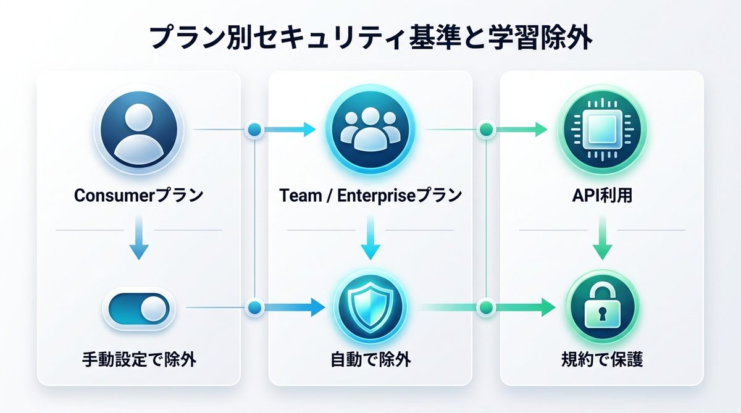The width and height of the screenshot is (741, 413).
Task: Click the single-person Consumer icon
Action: pyautogui.click(x=139, y=130)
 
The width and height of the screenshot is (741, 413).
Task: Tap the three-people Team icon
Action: pyautogui.click(x=371, y=130)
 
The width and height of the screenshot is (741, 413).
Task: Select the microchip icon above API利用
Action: pyautogui.click(x=601, y=130)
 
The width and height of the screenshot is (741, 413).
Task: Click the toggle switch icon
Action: pyautogui.click(x=139, y=307)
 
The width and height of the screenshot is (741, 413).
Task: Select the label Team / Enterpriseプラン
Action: pyautogui.click(x=371, y=196)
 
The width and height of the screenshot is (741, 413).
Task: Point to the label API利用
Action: pyautogui.click(x=601, y=196)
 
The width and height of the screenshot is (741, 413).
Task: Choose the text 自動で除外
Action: pyautogui.click(x=371, y=359)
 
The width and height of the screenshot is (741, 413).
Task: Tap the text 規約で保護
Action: pyautogui.click(x=601, y=359)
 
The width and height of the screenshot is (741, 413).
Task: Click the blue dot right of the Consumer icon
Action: pyautogui.click(x=255, y=130)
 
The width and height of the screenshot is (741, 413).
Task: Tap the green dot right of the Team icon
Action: pyautogui.click(x=487, y=130)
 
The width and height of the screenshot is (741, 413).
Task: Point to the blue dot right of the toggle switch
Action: pyautogui.click(x=255, y=307)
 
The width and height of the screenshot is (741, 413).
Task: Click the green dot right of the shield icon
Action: pyautogui.click(x=487, y=307)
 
